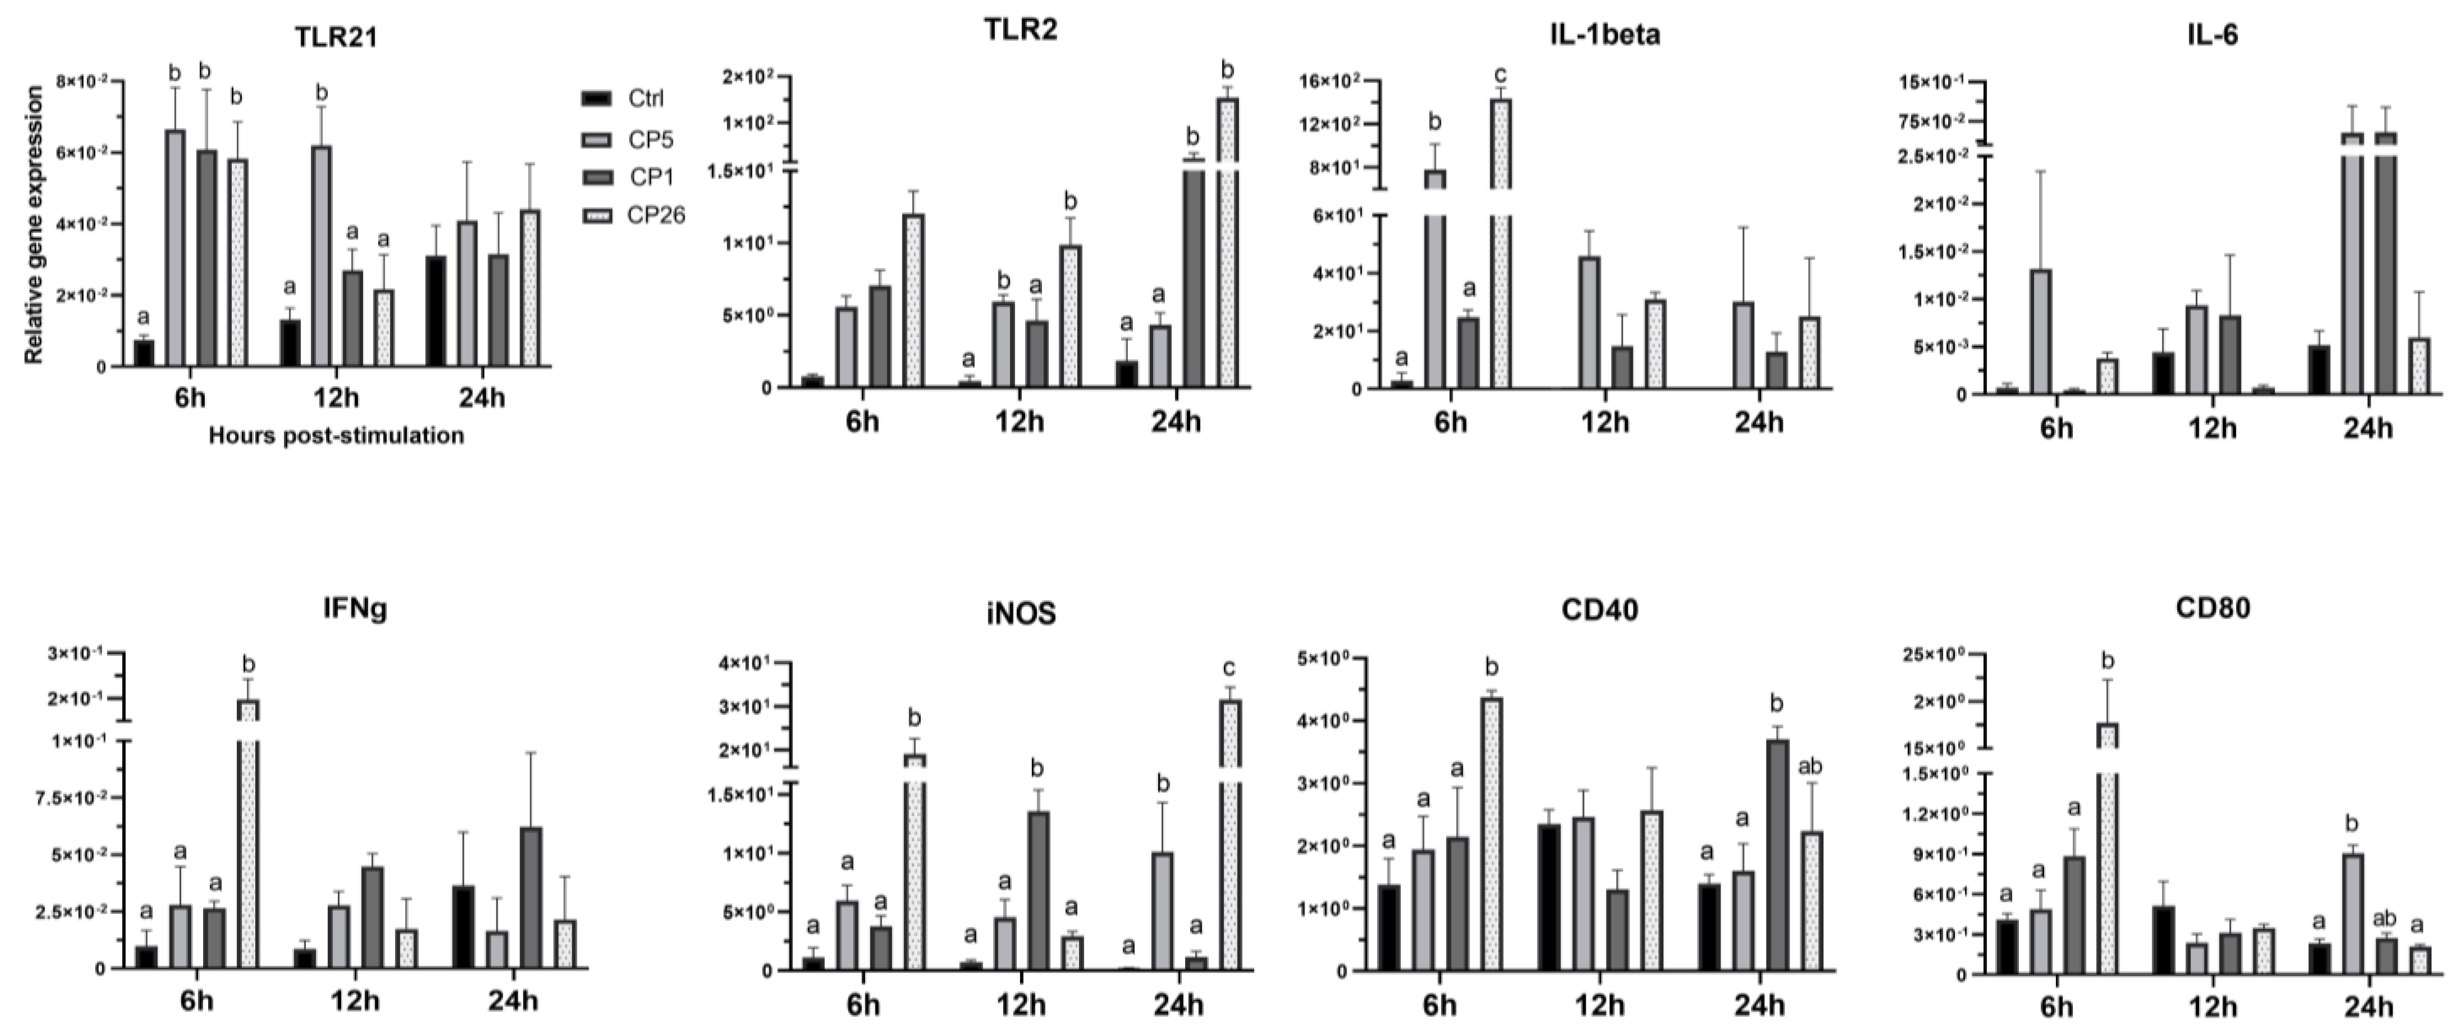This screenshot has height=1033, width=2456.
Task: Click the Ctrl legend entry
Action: tap(645, 98)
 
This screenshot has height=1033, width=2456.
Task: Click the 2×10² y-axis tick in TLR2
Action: tap(749, 76)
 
